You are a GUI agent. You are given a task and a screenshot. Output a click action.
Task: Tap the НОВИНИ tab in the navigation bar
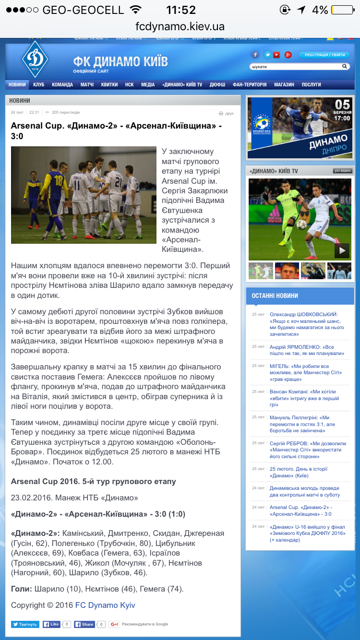(x=17, y=84)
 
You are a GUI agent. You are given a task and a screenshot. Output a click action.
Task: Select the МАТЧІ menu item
(x=87, y=84)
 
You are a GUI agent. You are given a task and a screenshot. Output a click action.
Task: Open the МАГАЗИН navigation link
(x=284, y=84)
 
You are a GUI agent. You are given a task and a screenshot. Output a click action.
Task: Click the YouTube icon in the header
(x=276, y=55)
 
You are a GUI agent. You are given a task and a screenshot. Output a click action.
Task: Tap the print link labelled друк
(x=226, y=113)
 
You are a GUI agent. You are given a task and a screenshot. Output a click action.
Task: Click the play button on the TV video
(x=342, y=250)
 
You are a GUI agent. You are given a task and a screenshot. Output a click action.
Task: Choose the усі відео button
(x=343, y=171)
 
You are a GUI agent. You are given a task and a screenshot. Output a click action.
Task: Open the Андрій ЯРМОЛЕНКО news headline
(x=307, y=350)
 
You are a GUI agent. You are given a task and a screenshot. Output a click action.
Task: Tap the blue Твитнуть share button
(x=25, y=624)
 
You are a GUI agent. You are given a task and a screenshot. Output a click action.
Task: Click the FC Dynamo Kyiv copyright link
(x=105, y=605)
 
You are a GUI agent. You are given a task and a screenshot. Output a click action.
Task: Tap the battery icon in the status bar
(x=342, y=10)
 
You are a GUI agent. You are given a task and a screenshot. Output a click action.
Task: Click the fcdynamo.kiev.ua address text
(x=180, y=26)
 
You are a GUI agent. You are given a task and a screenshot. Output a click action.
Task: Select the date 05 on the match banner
(x=343, y=105)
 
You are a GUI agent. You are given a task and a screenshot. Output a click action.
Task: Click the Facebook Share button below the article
(x=84, y=624)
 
